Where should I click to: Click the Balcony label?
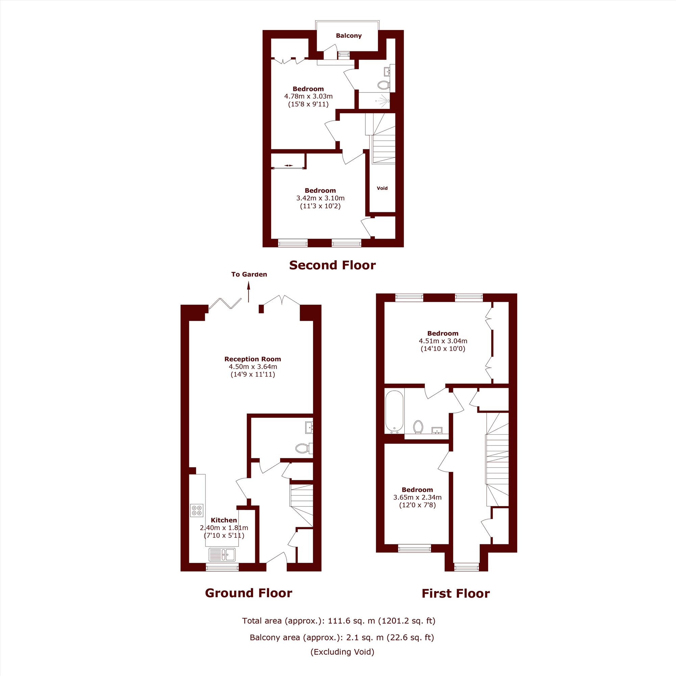pos(348,36)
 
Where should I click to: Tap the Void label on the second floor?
pos(382,188)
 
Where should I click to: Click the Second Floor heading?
pos(332,265)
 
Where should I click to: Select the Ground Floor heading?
pos(248,593)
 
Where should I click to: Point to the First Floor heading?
pos(456,593)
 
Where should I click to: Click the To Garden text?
pos(249,274)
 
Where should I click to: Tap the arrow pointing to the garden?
pos(249,292)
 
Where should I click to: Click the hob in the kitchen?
pos(197,510)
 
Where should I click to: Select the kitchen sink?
pos(222,555)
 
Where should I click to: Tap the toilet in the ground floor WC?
pos(304,448)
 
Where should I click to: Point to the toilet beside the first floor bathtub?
pos(418,427)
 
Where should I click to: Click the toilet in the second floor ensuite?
pos(384,85)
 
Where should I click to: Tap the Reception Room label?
pos(252,359)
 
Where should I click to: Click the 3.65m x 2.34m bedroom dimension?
pos(417,497)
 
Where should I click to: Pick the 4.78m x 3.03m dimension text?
pos(308,96)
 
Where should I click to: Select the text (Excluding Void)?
pos(342,652)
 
